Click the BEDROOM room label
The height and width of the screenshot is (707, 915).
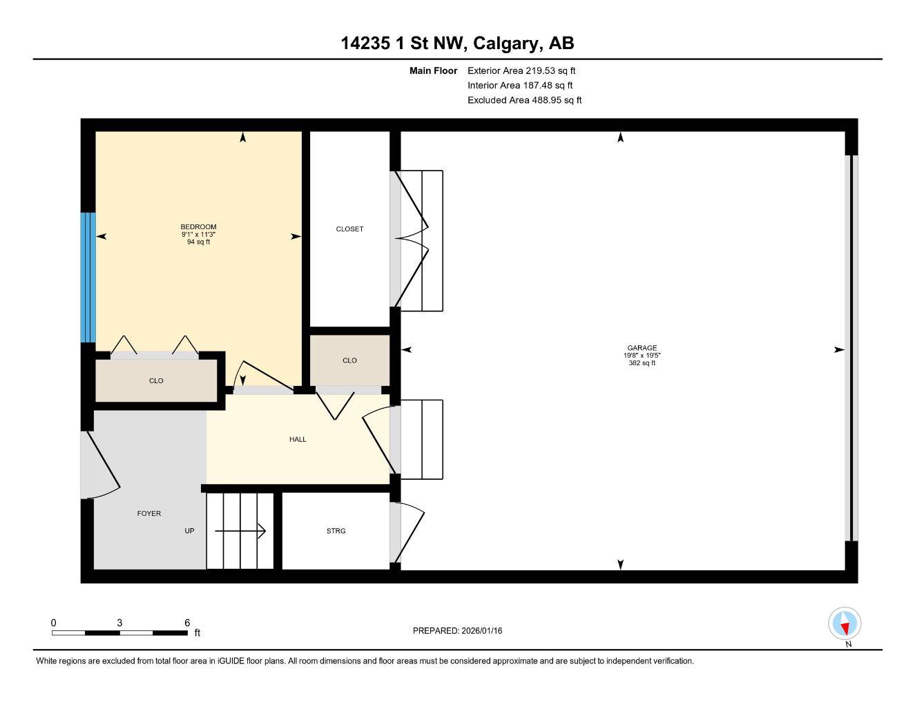pyautogui.click(x=198, y=227)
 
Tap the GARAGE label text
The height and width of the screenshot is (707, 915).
pyautogui.click(x=642, y=348)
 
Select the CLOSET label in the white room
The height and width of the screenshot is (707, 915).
pyautogui.click(x=349, y=229)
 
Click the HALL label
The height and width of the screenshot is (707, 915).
pyautogui.click(x=298, y=439)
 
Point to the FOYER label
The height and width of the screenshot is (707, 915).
pyautogui.click(x=149, y=514)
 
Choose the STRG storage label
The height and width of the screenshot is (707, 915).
pyautogui.click(x=336, y=531)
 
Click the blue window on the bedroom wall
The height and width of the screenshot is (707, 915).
pyautogui.click(x=88, y=278)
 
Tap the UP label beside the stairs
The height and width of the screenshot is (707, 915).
pyautogui.click(x=189, y=531)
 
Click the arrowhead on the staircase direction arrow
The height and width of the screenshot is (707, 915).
pyautogui.click(x=262, y=531)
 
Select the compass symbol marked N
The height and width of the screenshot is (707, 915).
pyautogui.click(x=845, y=624)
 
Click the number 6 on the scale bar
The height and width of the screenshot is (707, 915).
pyautogui.click(x=187, y=622)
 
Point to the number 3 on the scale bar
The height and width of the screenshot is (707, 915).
pyautogui.click(x=120, y=622)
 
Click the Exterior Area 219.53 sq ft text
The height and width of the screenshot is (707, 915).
pyautogui.click(x=521, y=70)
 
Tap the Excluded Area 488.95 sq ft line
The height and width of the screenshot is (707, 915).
pyautogui.click(x=524, y=100)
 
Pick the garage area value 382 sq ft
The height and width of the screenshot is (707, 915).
pyautogui.click(x=642, y=363)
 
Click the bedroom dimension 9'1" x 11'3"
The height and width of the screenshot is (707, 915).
pyautogui.click(x=198, y=235)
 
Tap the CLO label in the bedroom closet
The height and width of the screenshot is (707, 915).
pyautogui.click(x=156, y=381)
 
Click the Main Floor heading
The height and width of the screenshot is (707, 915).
pyautogui.click(x=433, y=70)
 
